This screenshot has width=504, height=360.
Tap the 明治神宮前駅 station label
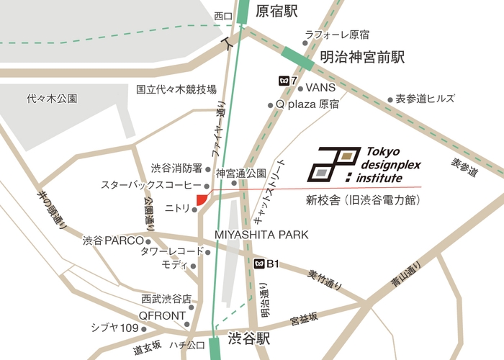click(363, 56)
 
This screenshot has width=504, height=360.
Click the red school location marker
click(202, 199)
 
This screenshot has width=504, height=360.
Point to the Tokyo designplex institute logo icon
click(333, 165)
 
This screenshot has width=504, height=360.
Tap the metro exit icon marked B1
click(259, 264)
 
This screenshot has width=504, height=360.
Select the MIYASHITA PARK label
click(261, 235)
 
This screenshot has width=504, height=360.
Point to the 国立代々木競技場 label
click(176, 90)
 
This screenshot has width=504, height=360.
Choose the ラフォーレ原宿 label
click(337, 35)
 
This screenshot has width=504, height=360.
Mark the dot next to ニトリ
click(194, 210)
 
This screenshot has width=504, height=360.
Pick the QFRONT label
click(162, 315)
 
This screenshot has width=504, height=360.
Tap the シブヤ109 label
click(114, 328)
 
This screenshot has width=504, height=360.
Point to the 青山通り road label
click(407, 277)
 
